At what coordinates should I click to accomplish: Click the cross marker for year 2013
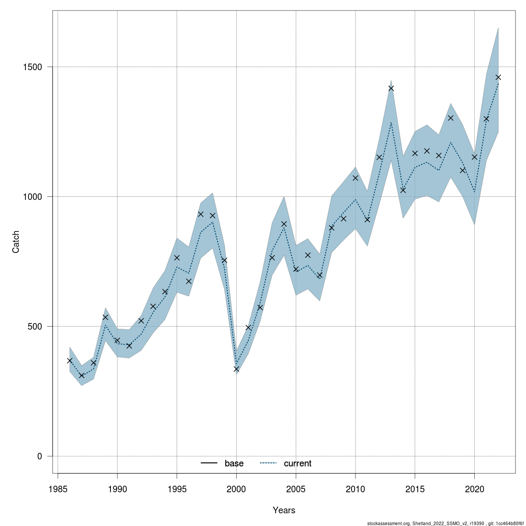pos(391,88)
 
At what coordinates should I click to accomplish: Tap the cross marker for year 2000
pos(237,369)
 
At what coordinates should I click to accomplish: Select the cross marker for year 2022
pos(498,77)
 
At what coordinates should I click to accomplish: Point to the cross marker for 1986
pos(70,361)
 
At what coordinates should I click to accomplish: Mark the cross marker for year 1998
pos(213,216)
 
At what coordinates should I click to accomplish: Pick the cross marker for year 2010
pos(355,178)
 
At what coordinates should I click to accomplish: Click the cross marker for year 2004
pos(284,224)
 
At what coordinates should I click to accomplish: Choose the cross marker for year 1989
pos(106,317)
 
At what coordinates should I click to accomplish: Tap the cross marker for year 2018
pos(451,117)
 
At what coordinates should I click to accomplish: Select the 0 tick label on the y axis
pos(39,456)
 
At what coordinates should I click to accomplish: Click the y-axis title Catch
pos(16,242)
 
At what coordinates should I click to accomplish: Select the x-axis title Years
pos(284,510)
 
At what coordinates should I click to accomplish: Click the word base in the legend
pos(234,463)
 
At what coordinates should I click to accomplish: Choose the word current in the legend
pos(298,463)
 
